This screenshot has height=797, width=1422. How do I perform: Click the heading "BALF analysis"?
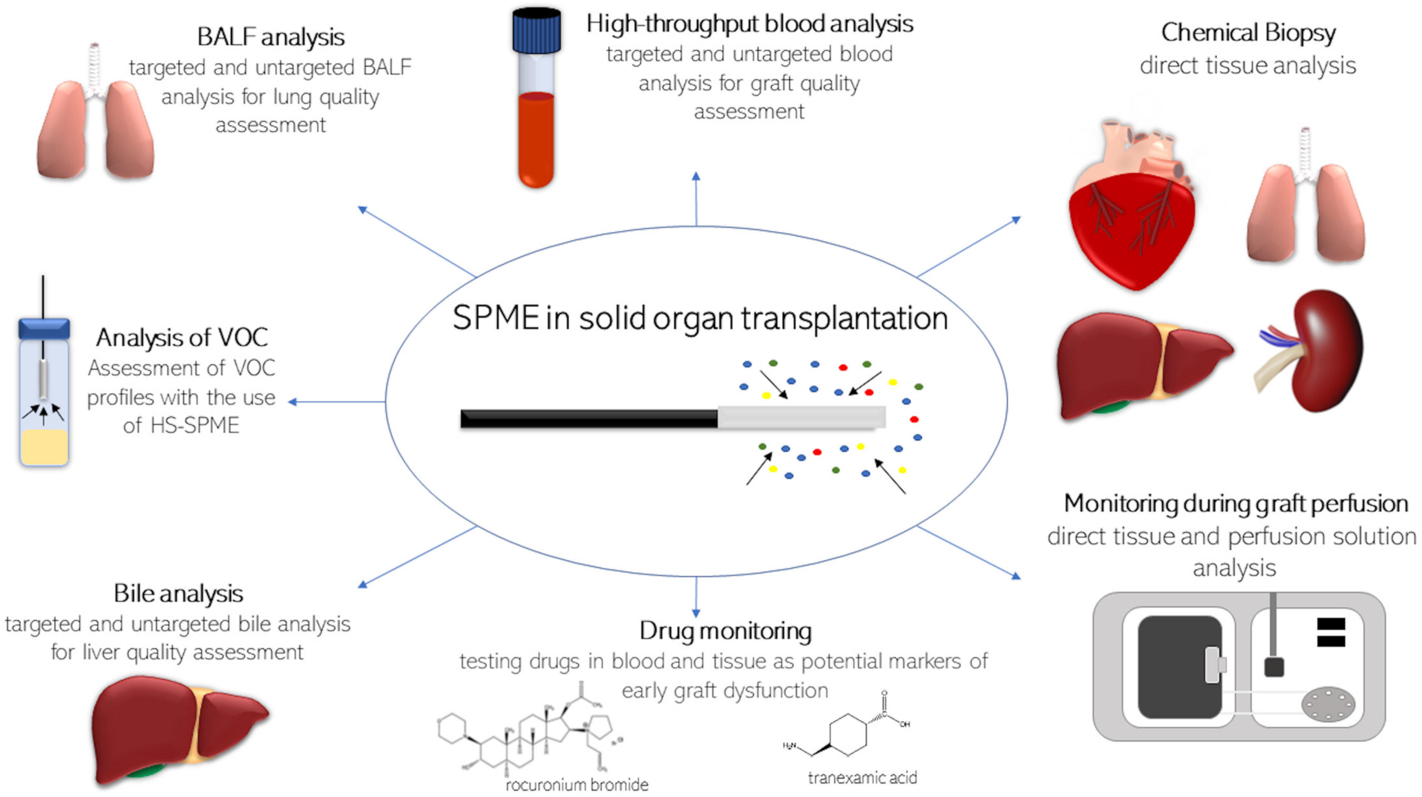(270, 37)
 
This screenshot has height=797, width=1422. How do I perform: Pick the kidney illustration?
(1319, 351)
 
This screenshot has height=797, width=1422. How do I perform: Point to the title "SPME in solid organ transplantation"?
(700, 318)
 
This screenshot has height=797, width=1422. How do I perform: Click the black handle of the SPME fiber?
(588, 419)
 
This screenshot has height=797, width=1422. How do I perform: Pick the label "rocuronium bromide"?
(577, 784)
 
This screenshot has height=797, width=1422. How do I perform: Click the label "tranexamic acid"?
(862, 778)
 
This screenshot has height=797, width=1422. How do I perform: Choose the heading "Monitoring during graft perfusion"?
(1235, 503)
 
